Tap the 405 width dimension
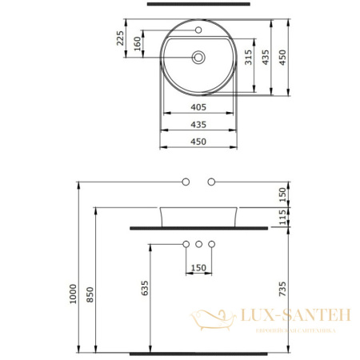[199, 107]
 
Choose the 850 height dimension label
[90, 294]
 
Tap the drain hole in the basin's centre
[199, 57]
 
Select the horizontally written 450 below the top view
[199, 142]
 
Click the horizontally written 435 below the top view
[199, 125]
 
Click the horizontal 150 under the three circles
[199, 267]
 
